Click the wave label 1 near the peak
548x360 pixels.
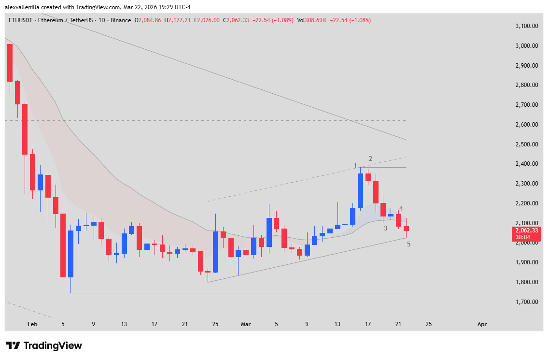pos(355,166)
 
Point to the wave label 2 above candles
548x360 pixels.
pos(370,158)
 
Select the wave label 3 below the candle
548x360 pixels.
pos(385,228)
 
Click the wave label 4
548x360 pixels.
pos(401,209)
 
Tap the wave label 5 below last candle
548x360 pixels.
pos(408,244)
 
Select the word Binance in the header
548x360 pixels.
pos(121,20)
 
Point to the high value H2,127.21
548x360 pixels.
pos(178,20)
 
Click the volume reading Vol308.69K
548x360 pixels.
pos(312,20)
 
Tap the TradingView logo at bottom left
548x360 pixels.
pos(44,346)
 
